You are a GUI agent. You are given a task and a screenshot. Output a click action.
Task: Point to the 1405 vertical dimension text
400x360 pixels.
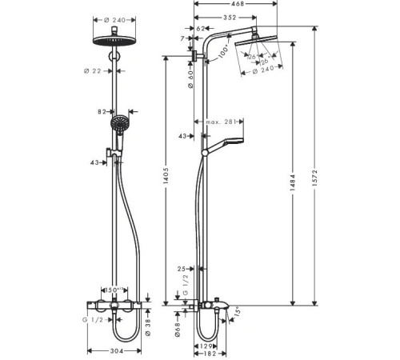click(166, 181)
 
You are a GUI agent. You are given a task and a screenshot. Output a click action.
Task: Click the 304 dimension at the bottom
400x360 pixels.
click(118, 350)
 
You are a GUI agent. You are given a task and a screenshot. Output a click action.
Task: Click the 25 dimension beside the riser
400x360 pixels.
click(183, 270)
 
